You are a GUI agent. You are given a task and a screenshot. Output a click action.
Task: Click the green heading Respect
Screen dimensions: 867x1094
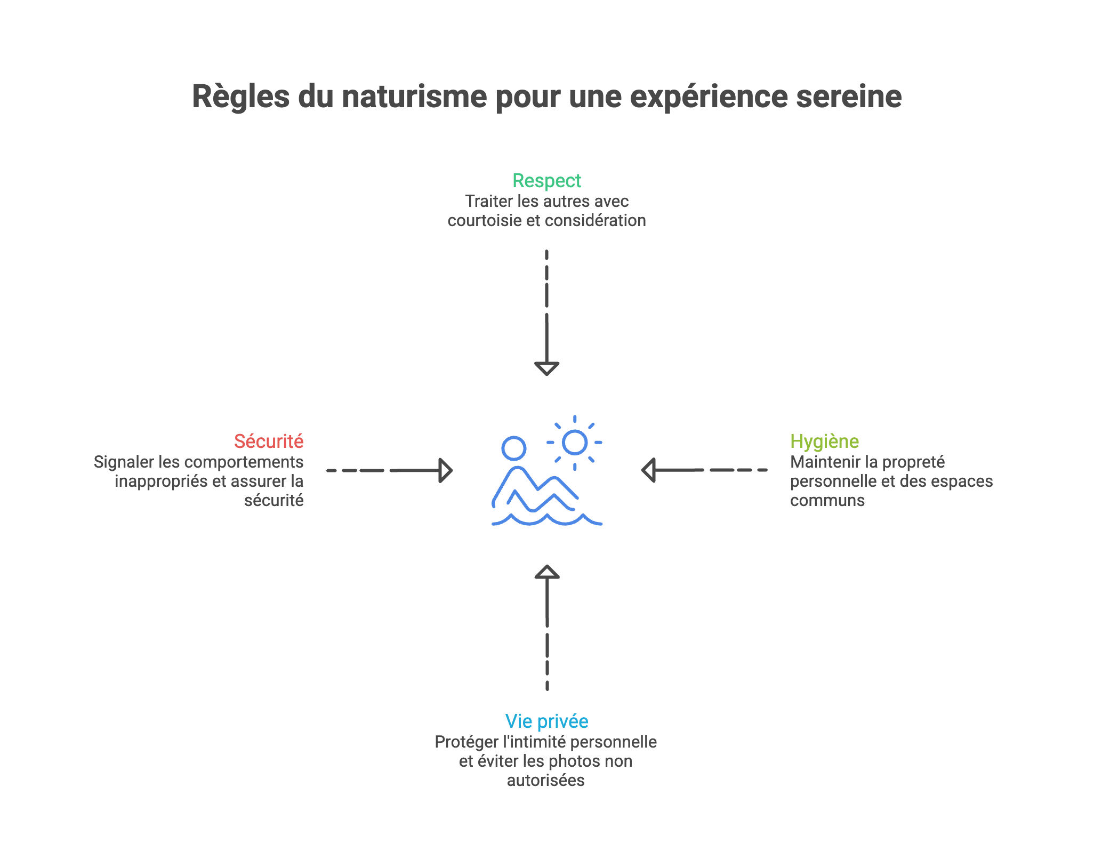pyautogui.click(x=546, y=181)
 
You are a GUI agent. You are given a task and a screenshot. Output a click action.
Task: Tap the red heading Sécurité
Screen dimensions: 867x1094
pyautogui.click(x=269, y=441)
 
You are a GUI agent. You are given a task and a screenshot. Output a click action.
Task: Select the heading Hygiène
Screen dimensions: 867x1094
pyautogui.click(x=824, y=441)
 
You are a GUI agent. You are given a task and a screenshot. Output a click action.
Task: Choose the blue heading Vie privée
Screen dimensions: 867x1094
pyautogui.click(x=546, y=721)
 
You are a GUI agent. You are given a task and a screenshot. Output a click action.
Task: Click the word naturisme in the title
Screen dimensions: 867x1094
pyautogui.click(x=414, y=97)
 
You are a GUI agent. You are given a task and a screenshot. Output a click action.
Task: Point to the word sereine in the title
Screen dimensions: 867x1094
pyautogui.click(x=849, y=97)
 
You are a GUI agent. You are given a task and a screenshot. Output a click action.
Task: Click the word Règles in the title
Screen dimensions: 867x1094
pyautogui.click(x=240, y=97)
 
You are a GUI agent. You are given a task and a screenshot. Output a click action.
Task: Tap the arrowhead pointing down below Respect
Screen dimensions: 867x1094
pyautogui.click(x=546, y=368)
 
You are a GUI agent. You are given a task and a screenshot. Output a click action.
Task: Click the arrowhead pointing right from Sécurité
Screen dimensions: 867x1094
pyautogui.click(x=445, y=470)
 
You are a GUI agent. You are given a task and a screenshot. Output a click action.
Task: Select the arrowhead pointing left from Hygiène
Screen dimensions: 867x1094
pyautogui.click(x=648, y=470)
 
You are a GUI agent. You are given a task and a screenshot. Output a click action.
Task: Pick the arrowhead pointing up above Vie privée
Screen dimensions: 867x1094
pyautogui.click(x=547, y=573)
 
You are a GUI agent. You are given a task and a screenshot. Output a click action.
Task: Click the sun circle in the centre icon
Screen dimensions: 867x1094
pyautogui.click(x=575, y=443)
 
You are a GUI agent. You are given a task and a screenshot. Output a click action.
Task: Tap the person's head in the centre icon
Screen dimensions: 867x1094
pyautogui.click(x=513, y=448)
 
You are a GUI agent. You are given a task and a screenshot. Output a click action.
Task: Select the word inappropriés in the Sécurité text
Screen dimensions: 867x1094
pyautogui.click(x=160, y=481)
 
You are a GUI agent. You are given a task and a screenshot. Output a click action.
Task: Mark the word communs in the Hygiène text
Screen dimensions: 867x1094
pyautogui.click(x=827, y=501)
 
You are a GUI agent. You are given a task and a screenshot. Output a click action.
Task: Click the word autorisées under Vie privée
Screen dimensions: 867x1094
pyautogui.click(x=545, y=781)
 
